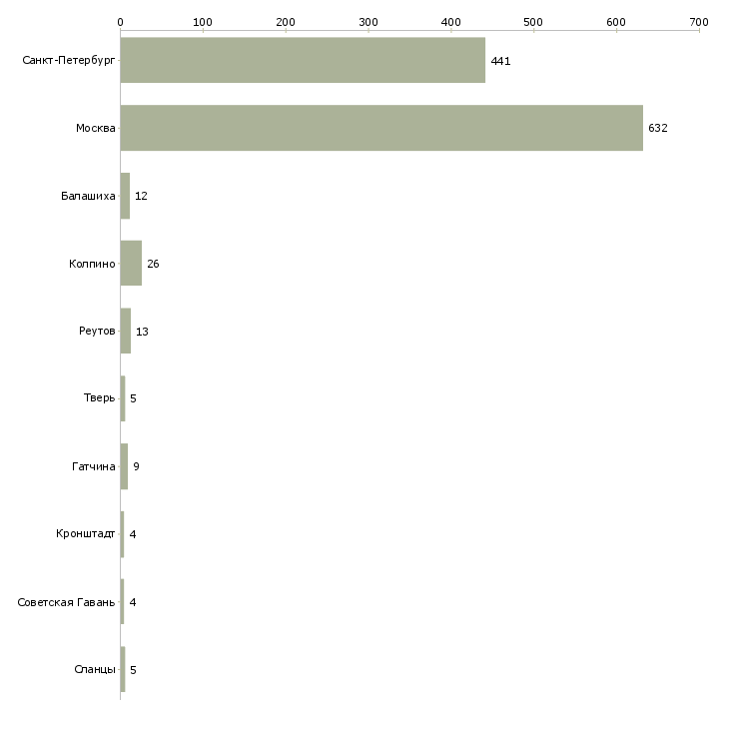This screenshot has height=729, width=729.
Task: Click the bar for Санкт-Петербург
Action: (x=303, y=60)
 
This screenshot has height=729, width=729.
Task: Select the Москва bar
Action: (x=381, y=128)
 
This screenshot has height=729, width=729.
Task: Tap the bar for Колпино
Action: (x=131, y=264)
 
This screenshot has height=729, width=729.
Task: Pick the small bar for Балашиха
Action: (x=125, y=196)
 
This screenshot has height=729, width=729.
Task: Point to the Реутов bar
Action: (x=126, y=331)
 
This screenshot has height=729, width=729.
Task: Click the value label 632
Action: (x=657, y=129)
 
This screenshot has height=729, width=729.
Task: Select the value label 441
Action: (x=500, y=61)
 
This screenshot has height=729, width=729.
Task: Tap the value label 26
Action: (x=153, y=264)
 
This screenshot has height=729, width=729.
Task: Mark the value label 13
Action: (x=142, y=332)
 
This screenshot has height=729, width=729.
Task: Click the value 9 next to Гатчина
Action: (x=136, y=466)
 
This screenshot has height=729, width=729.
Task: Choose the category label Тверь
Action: (x=99, y=398)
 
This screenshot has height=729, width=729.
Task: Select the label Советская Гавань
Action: (x=66, y=602)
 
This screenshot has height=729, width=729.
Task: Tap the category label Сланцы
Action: (x=94, y=669)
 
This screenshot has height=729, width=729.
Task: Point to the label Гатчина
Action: (x=94, y=466)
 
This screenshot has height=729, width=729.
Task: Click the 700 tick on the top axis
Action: (x=699, y=21)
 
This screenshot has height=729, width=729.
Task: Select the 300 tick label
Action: (x=367, y=21)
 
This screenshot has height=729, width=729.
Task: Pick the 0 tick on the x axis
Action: (x=120, y=21)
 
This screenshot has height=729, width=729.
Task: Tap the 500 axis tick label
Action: (x=533, y=21)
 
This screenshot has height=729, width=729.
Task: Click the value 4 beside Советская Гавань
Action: (x=133, y=602)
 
